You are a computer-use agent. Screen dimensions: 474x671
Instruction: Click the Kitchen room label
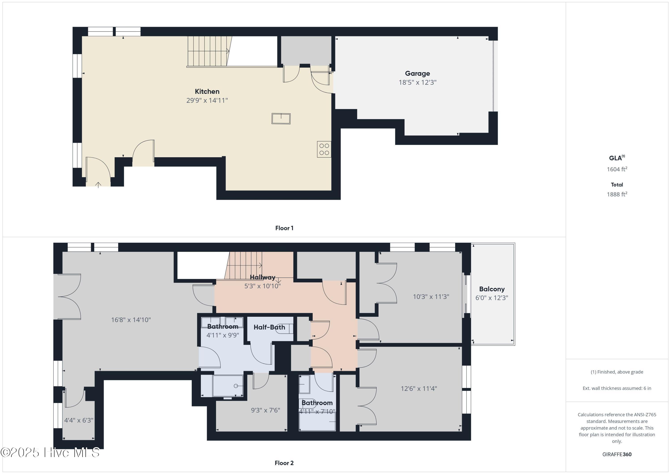207,91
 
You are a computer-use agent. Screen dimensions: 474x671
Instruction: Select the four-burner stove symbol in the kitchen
324,149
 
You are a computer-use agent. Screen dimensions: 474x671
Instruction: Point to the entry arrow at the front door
98,185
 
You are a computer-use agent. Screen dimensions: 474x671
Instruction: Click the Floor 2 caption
284,463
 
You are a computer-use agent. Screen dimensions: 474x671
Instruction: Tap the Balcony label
492,289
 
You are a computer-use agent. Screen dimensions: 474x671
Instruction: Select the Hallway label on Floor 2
262,277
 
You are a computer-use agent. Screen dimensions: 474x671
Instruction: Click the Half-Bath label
269,327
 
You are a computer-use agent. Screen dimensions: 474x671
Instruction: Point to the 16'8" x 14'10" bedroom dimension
131,320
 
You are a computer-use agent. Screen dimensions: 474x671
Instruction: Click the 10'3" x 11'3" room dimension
431,297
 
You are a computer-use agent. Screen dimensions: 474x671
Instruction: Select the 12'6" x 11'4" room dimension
419,389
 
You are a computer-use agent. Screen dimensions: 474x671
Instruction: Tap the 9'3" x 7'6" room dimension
265,410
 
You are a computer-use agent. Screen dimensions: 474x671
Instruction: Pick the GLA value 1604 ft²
617,169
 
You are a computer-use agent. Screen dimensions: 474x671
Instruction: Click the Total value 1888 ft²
617,194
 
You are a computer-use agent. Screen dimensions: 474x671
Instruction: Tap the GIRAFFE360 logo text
617,454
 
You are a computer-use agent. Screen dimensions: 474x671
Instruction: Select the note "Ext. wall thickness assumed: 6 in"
617,388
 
